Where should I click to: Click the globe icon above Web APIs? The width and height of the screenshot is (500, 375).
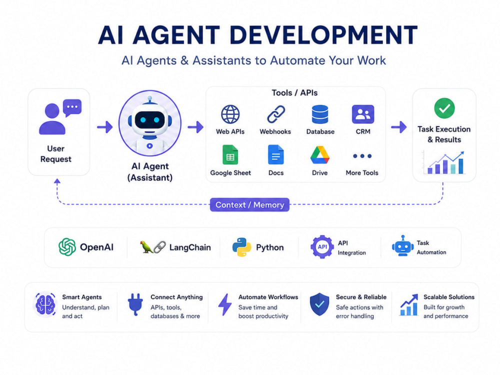tap(230, 114)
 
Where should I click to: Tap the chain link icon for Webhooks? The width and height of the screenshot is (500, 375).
tap(276, 114)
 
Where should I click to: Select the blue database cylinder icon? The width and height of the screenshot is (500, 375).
tap(320, 114)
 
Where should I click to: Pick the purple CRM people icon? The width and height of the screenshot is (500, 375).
tap(363, 114)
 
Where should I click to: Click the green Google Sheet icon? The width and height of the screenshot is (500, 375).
tap(230, 154)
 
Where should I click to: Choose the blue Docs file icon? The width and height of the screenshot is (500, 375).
tap(276, 154)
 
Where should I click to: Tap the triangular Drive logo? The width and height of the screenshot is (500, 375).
tap(320, 154)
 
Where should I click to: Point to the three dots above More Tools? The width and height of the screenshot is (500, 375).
tap(362, 156)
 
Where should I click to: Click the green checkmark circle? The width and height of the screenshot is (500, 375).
tap(444, 108)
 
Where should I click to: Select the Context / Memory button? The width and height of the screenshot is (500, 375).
tap(249, 204)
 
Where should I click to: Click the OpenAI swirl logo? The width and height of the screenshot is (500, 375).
tap(67, 247)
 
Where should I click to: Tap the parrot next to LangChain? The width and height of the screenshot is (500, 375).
tap(146, 247)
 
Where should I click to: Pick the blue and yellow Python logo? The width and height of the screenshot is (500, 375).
tap(241, 247)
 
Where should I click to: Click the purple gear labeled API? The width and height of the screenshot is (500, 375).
tap(322, 247)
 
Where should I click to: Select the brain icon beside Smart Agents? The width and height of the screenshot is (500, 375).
tap(45, 304)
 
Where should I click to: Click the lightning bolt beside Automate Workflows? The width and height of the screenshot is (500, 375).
tap(225, 304)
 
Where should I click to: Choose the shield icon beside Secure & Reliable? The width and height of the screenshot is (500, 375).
tap(319, 304)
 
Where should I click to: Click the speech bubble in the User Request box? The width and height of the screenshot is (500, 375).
tap(72, 107)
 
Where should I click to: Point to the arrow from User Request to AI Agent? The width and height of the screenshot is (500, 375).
tap(105, 127)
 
